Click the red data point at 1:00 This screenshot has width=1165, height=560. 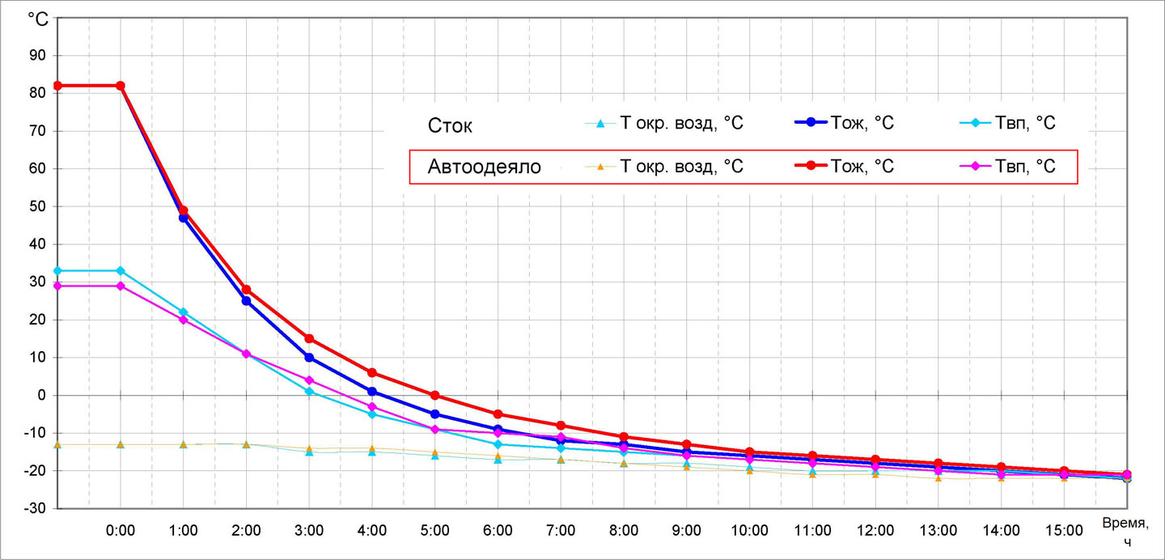click(183, 210)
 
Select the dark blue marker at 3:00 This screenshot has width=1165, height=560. click(309, 358)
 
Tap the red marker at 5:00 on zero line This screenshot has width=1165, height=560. click(434, 396)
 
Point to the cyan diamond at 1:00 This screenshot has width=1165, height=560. click(183, 312)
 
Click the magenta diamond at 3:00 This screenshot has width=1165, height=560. click(309, 380)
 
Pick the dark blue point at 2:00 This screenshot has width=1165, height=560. click(246, 301)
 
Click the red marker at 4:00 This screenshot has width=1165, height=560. click(372, 373)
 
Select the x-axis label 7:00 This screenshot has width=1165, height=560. click(561, 531)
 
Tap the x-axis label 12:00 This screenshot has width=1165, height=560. click(875, 531)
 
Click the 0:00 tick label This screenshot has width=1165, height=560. click(121, 531)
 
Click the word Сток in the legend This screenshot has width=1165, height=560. click(450, 125)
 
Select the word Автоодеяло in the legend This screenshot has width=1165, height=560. click(484, 168)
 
